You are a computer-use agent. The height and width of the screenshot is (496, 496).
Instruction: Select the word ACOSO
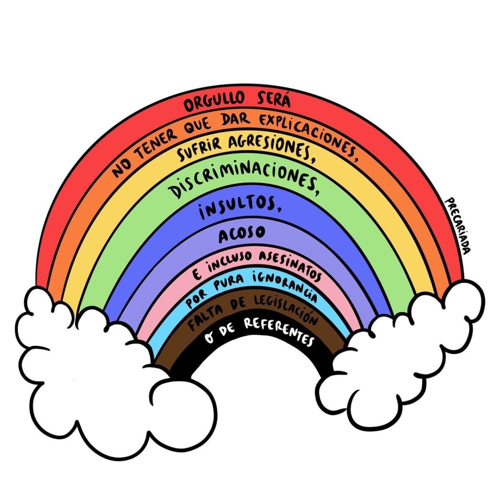coord(242,233)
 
